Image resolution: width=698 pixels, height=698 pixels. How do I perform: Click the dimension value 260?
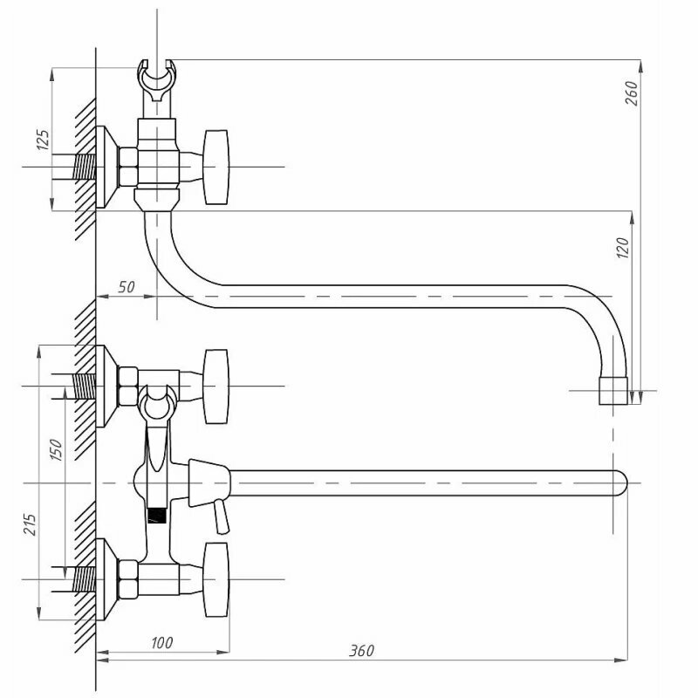[633, 92]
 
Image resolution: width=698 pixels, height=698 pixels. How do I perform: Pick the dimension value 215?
[31, 523]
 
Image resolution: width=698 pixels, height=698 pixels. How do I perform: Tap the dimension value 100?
[161, 643]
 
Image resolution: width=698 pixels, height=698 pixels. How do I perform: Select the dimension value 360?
[361, 651]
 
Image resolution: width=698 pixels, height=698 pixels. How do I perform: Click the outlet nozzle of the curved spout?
[615, 392]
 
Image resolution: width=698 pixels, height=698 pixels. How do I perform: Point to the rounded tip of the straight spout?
[619, 482]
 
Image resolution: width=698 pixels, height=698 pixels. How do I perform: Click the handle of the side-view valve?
[216, 167]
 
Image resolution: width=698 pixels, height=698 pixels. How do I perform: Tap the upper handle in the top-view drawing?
[216, 386]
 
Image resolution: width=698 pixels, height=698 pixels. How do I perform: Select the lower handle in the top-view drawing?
[216, 578]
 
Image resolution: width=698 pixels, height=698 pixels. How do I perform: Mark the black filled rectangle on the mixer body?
[156, 515]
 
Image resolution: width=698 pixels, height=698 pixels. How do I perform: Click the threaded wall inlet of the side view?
[83, 167]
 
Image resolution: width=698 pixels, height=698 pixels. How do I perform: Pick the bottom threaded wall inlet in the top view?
[83, 578]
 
